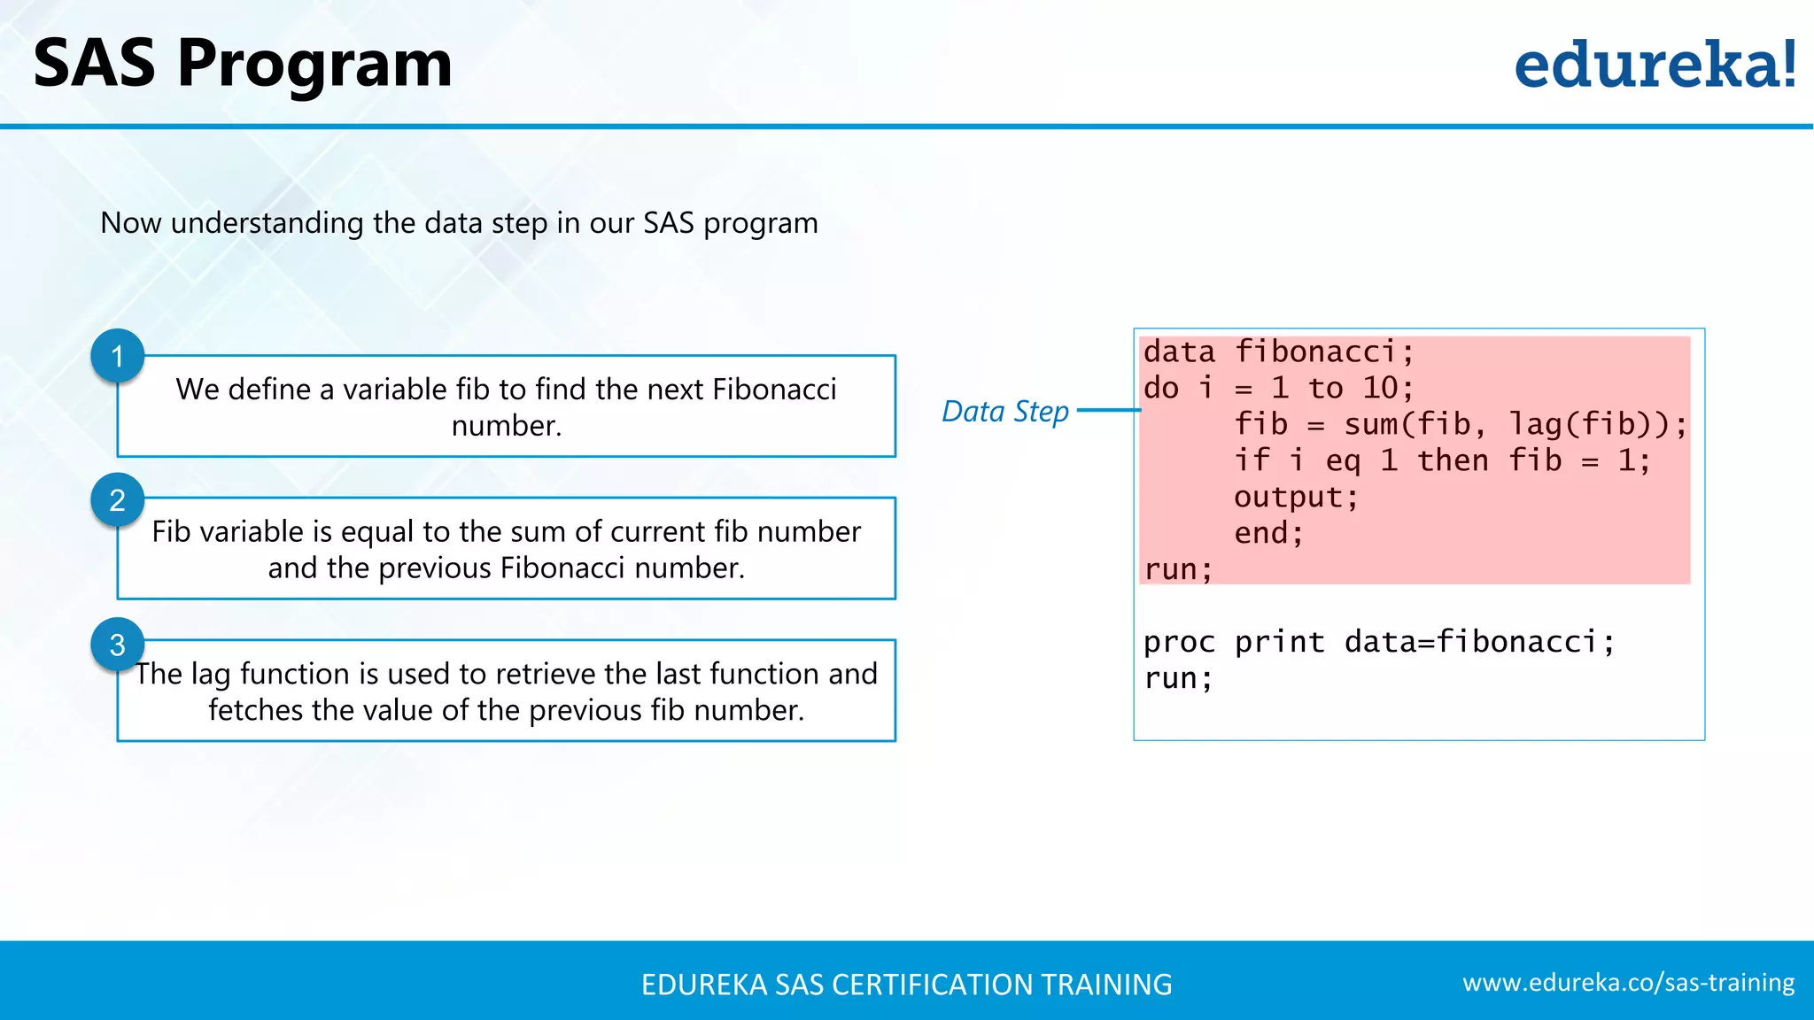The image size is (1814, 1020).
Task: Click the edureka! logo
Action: pos(1655,65)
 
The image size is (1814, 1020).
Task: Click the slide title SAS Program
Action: pos(242,64)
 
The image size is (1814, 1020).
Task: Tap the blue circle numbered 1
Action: pos(117,356)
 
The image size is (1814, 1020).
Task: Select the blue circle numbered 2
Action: pos(117,500)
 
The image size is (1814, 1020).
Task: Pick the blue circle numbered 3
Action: pos(117,645)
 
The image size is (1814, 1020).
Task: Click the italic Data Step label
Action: pos(1004,412)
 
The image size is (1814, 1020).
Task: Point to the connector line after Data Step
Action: pos(1108,410)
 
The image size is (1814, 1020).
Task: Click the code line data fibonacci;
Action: pos(1278,352)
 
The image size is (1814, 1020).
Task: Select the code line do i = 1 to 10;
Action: pos(1278,388)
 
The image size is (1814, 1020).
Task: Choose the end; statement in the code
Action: pos(1268,533)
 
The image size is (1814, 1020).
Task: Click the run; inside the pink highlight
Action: pos(1178,569)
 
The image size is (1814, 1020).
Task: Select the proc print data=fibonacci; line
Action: pos(1378,642)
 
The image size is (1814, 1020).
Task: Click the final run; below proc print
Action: pos(1178,678)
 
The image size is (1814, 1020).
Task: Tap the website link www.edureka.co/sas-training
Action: pos(1628,983)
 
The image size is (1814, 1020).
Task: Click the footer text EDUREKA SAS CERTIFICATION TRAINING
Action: pos(906,985)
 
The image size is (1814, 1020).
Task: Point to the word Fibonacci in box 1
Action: pos(774,390)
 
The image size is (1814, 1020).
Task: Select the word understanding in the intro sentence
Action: pos(267,223)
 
